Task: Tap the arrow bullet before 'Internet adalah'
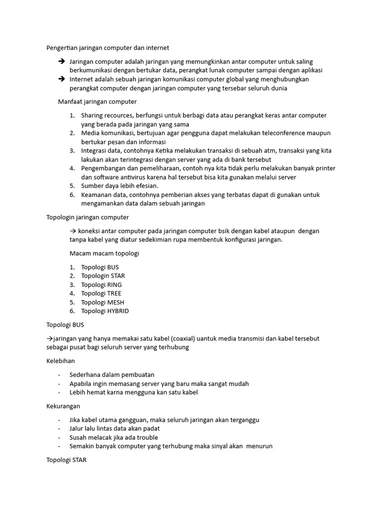61,79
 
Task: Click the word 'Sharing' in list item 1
93,115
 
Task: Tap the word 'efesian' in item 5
146,186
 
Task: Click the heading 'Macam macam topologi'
104,253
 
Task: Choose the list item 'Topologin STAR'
103,275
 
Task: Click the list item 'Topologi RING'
101,284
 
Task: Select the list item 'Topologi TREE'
101,293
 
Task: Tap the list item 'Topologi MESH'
102,302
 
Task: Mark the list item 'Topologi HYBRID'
105,310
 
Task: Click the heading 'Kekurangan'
63,406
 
